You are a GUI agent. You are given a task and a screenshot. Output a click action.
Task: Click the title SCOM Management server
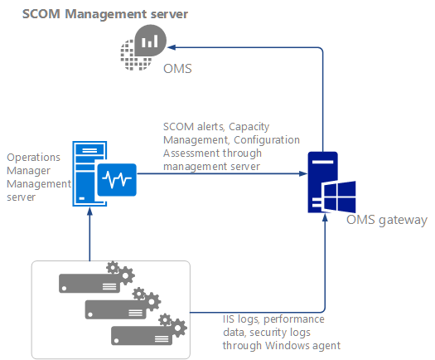click(x=104, y=14)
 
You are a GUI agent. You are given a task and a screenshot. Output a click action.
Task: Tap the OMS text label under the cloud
click(x=176, y=69)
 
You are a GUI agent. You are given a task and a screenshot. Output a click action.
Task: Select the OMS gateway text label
click(x=387, y=220)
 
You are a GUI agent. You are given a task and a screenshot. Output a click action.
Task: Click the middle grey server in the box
click(x=116, y=308)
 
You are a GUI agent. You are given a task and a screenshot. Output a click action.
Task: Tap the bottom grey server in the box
click(x=142, y=333)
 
